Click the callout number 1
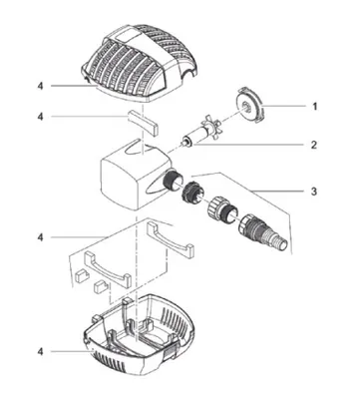[314, 107]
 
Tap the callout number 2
[314, 145]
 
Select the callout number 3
[314, 192]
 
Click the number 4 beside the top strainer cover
[40, 86]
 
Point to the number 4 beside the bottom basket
[40, 351]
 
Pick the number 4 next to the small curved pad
[40, 117]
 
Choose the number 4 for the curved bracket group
[40, 237]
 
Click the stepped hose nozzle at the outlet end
[263, 231]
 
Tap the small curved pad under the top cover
[143, 122]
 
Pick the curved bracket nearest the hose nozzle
[171, 239]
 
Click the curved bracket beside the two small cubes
[108, 269]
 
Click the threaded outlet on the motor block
[172, 181]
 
